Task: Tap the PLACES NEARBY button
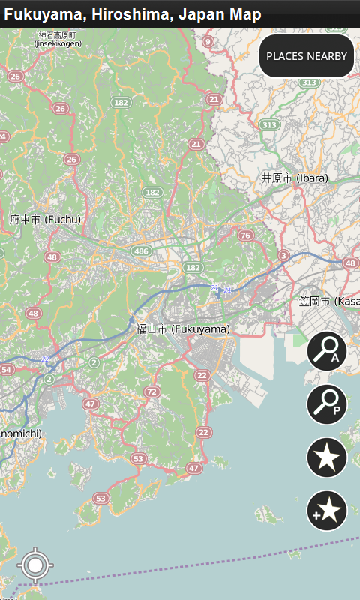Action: tap(307, 56)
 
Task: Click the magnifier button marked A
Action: tap(327, 350)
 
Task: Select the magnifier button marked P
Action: tap(327, 404)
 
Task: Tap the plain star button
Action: tap(327, 457)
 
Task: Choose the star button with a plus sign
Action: tap(327, 511)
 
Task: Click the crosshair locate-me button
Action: tap(34, 565)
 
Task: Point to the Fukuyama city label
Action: tap(183, 328)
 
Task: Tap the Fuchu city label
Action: tap(45, 220)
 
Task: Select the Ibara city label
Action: tap(295, 178)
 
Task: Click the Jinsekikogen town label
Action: tap(58, 40)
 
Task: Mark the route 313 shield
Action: tap(269, 124)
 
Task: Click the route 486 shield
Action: tap(141, 250)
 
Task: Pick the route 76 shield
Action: tap(245, 235)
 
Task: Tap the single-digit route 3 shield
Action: tap(283, 256)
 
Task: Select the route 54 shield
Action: tap(7, 370)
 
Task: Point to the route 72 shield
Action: tap(152, 391)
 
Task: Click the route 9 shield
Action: tap(208, 41)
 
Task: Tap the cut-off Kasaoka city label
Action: tap(329, 301)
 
